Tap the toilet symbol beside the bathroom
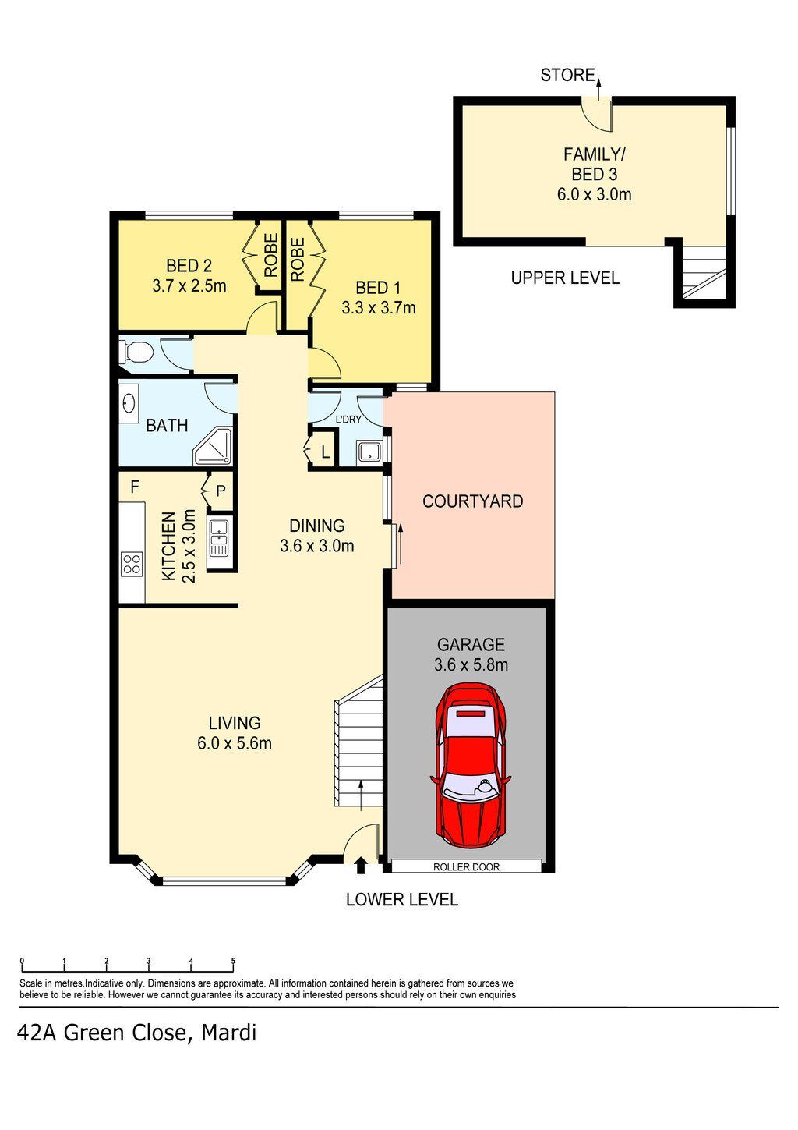pos(135,351)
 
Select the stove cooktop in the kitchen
pos(132,564)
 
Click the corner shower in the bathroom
pos(213,446)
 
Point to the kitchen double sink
pos(219,538)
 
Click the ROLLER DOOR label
pos(466,866)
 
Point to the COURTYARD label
pos(473,501)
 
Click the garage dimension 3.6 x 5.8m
pos(471,664)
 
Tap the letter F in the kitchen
pos(135,487)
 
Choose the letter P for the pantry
pos(221,491)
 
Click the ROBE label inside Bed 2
pos(271,255)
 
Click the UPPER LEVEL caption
pos(565,278)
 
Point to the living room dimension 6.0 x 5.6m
pos(235,743)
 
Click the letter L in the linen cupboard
pos(326,452)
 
